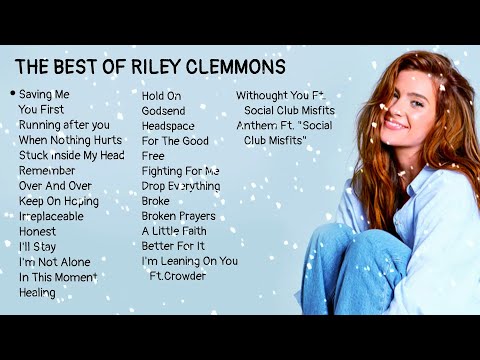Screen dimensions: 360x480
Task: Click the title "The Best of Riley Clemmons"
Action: tap(150, 68)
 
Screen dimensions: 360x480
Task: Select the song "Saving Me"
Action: tap(44, 94)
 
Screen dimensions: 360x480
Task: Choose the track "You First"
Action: tap(41, 109)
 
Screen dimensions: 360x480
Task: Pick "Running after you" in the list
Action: tap(64, 125)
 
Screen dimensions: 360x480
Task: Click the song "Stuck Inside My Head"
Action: tap(71, 155)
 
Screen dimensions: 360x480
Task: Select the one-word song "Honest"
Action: tap(38, 231)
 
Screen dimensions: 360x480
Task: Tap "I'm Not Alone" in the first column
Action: tap(54, 262)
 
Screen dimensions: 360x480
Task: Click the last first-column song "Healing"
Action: tap(37, 293)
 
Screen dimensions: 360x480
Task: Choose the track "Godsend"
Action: tap(164, 111)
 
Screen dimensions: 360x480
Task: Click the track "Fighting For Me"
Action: tap(181, 171)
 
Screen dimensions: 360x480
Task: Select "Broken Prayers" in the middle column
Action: tap(178, 216)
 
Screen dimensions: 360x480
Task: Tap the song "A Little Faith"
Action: tap(175, 231)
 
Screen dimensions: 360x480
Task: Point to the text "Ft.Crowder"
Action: tap(178, 276)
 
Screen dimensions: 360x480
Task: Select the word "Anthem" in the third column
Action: tap(256, 126)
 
